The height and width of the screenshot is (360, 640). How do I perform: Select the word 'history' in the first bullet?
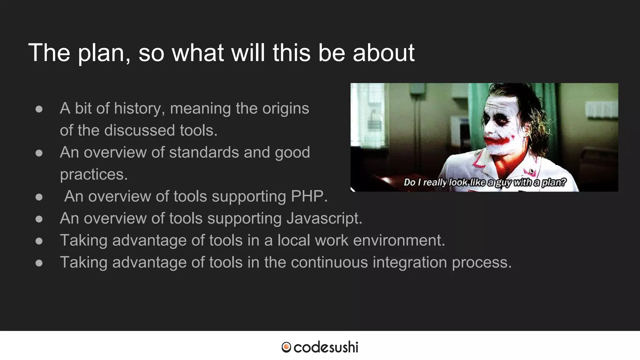pos(139,109)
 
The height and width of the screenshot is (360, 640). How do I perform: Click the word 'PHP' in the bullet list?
pos(309,196)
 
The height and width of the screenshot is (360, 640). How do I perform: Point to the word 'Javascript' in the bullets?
pos(324,218)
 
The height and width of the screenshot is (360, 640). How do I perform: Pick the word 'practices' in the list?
pos(94,174)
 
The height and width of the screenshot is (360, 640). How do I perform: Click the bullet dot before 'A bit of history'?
pos(39,109)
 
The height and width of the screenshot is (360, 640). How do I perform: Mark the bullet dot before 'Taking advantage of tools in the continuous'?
pos(39,263)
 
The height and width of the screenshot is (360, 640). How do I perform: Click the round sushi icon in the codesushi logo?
pos(286,347)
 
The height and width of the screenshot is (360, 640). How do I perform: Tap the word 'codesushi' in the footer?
pos(326,347)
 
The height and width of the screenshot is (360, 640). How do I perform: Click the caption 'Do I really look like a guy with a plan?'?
pos(485,182)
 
